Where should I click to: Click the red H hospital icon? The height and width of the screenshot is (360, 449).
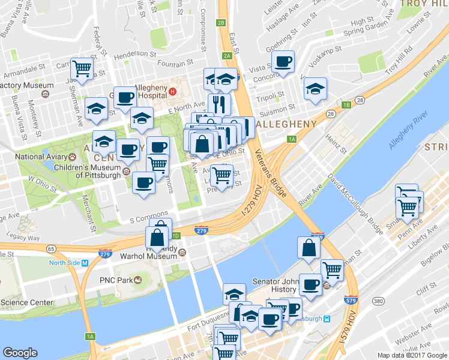click(x=172, y=92)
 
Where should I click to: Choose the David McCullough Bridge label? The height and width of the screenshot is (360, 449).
click(x=354, y=203)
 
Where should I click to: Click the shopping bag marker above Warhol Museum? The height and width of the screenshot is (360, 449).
click(x=157, y=237)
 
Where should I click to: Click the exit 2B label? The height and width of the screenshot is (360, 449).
click(x=221, y=23)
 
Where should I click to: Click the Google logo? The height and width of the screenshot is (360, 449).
click(x=20, y=353)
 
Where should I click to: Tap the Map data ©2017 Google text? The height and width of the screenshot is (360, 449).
click(x=412, y=355)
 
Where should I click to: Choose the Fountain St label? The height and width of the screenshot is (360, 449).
click(x=174, y=62)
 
